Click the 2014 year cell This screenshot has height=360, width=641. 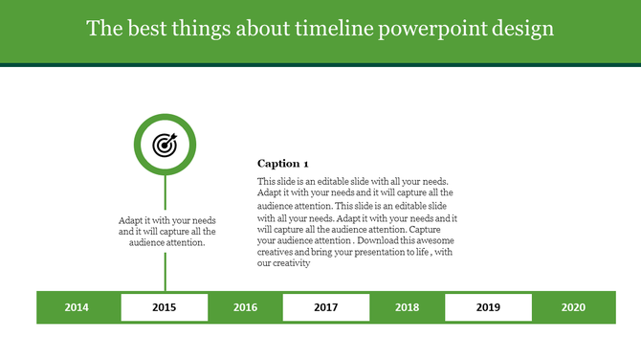(x=77, y=307)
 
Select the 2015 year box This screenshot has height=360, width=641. (x=164, y=307)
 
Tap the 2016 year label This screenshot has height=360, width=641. (x=245, y=307)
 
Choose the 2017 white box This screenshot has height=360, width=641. (x=326, y=307)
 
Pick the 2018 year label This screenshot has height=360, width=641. (x=408, y=307)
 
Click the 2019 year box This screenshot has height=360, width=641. (x=489, y=307)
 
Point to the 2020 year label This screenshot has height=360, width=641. (x=573, y=307)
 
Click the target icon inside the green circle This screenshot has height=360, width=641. (x=166, y=145)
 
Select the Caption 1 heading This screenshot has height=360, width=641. (x=283, y=164)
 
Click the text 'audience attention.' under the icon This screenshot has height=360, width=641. (x=167, y=242)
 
